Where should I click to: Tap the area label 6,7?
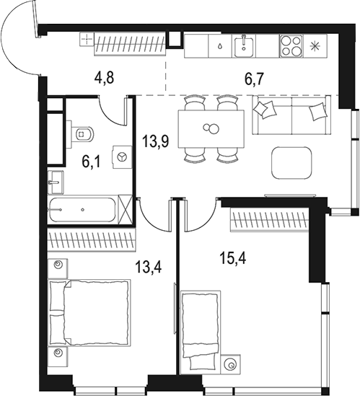253,79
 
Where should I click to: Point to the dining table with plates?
210,129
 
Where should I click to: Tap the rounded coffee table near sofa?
294,163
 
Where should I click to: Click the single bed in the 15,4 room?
200,323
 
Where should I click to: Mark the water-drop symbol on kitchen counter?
219,47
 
